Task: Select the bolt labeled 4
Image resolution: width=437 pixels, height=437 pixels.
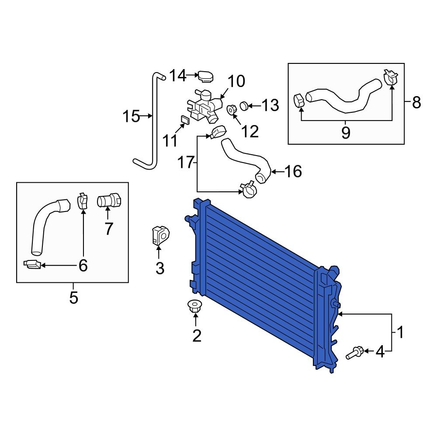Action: (354, 352)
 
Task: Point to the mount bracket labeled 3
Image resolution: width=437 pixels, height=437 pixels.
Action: (159, 235)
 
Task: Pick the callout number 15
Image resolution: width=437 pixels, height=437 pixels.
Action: (131, 117)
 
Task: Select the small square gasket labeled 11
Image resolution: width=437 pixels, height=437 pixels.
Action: (184, 119)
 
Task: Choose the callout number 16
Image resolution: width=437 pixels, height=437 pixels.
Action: (293, 172)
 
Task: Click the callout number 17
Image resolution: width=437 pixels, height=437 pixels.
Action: (186, 163)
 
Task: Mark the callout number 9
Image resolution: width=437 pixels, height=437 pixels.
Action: (346, 132)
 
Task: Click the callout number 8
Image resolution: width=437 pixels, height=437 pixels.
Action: (416, 103)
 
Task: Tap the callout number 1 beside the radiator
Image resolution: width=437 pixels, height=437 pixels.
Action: (400, 333)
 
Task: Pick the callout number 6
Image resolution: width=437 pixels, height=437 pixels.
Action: (83, 265)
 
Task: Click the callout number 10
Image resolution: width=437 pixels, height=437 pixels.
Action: (236, 81)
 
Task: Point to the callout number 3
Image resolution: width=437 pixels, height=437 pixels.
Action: (160, 268)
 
